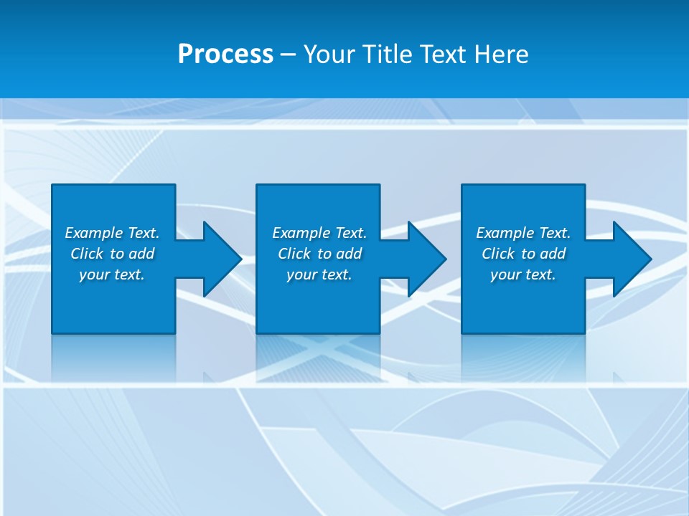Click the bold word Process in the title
225,54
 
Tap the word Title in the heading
388,54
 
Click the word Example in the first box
94,233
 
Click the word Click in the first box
87,254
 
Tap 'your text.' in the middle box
319,274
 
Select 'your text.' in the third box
522,274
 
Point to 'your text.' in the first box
111,274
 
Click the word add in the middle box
349,254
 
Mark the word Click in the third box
498,254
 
